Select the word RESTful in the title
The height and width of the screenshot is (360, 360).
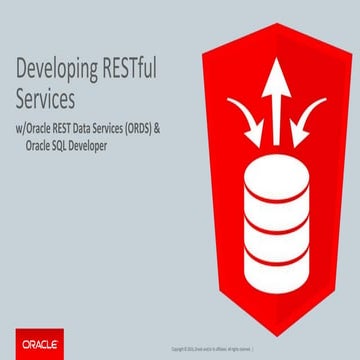click(x=136, y=71)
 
